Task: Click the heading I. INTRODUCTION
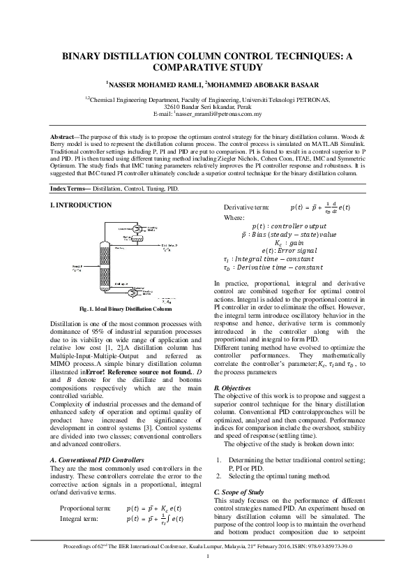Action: pos(82,205)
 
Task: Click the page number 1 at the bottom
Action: pos(207,575)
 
